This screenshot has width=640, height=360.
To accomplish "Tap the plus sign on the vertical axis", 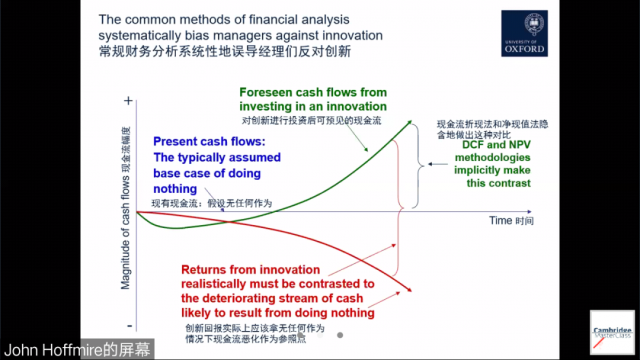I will click(127, 102).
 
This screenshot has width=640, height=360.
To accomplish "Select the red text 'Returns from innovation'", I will click(256, 269).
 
